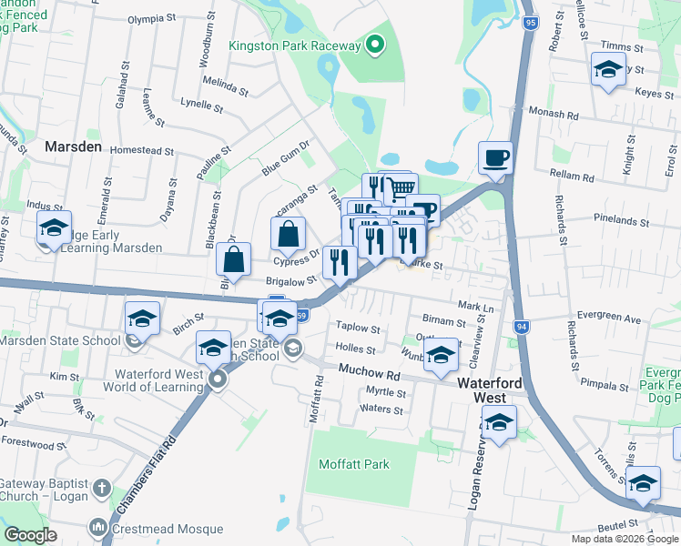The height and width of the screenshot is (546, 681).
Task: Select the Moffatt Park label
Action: point(354,464)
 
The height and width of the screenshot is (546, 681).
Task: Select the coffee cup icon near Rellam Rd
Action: point(496,158)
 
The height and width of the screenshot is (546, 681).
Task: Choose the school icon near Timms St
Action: point(607,69)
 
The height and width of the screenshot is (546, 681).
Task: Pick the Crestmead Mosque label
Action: point(168,529)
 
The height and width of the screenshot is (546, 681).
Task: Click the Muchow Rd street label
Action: point(370,373)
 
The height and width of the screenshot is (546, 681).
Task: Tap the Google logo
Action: point(31,535)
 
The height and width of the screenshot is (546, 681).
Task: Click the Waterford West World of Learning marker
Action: point(217,379)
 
